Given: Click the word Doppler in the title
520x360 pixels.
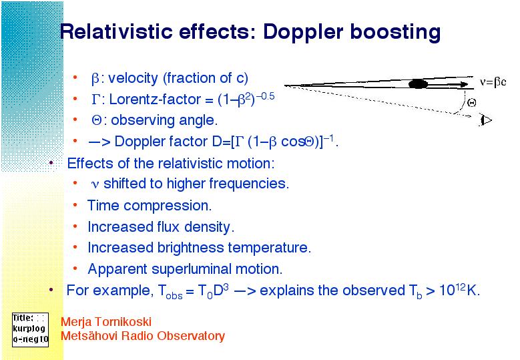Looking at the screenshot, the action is [x=304, y=33].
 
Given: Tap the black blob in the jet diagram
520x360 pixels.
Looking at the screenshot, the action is [x=418, y=84].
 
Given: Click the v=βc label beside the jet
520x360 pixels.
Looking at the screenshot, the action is [x=493, y=81].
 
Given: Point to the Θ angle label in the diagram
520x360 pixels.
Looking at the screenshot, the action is [x=471, y=103].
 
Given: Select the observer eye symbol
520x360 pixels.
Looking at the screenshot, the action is [x=486, y=120].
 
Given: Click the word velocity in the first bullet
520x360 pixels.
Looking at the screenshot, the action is [x=133, y=78].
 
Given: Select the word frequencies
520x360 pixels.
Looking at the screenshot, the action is [x=249, y=184].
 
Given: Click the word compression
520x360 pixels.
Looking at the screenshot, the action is [x=168, y=206].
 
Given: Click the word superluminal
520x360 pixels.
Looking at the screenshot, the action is [x=192, y=269].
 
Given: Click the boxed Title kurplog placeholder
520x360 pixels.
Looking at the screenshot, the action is [x=30, y=330].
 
